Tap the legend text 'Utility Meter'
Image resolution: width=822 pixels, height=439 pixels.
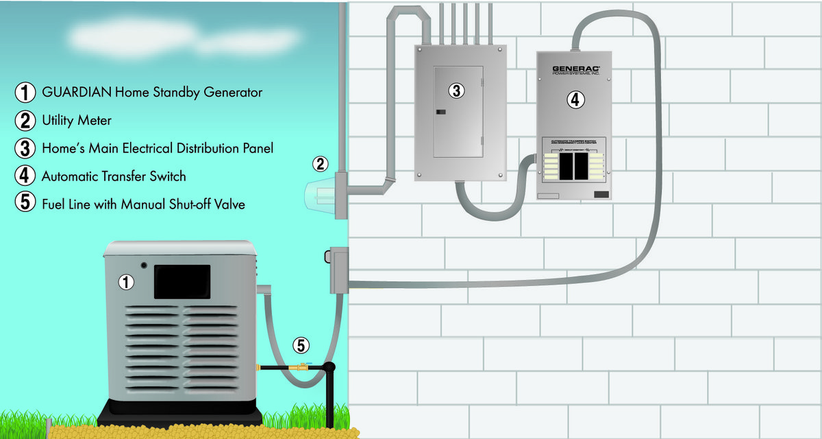point(76,120)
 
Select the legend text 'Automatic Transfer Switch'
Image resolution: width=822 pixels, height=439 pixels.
point(114,176)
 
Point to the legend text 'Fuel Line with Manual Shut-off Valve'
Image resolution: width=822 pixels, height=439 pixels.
point(143,204)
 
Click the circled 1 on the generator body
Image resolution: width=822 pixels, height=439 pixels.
point(126,281)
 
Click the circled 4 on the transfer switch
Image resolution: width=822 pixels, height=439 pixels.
point(575,99)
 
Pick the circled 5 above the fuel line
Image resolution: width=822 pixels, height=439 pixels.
point(301,345)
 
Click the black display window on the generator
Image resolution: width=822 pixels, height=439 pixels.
point(182,281)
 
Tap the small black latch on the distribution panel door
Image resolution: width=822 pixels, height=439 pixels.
point(442,111)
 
